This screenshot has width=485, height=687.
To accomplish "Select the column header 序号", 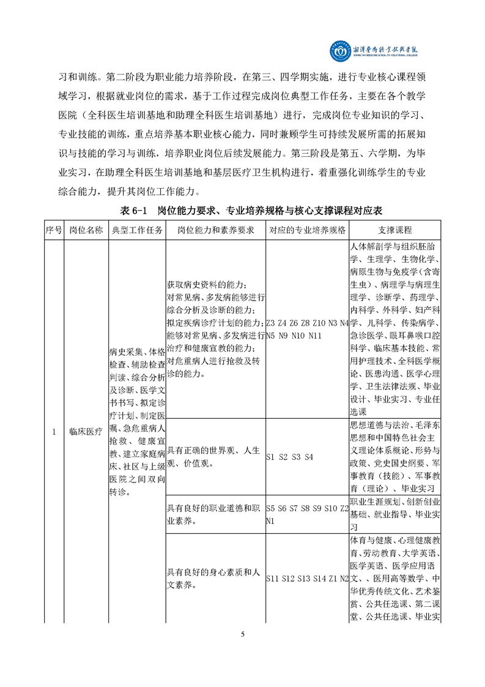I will [53, 230].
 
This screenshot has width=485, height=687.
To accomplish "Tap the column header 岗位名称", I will [86, 230].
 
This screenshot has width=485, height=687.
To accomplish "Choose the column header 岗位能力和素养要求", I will [215, 230].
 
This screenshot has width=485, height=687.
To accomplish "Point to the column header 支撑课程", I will [395, 230].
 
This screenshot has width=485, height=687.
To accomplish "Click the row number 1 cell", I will [53, 432].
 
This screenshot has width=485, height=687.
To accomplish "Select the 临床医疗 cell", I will [86, 432].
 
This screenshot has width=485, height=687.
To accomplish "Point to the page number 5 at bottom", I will [243, 634].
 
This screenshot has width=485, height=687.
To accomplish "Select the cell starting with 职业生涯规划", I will [395, 514].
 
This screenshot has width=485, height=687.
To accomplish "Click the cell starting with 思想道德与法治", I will [395, 456].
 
